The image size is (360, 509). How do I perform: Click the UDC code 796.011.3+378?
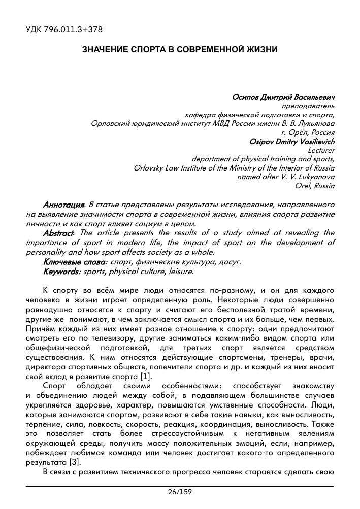pyautogui.click(x=63, y=30)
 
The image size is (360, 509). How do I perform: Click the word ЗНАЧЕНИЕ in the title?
pyautogui.click(x=104, y=50)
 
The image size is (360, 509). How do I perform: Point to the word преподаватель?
pyautogui.click(x=308, y=106)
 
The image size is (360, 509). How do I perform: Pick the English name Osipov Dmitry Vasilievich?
pyautogui.click(x=291, y=141)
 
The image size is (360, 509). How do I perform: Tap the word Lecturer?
pyautogui.click(x=321, y=150)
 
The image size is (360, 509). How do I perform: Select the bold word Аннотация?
pyautogui.click(x=63, y=205)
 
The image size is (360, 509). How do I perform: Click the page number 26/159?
pyautogui.click(x=180, y=492)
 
